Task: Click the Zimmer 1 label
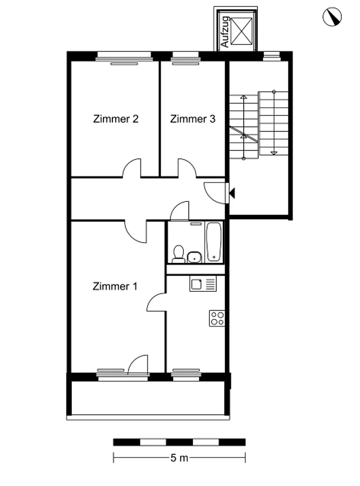[115, 286]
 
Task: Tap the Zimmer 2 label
[116, 119]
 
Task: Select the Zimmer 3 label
[192, 119]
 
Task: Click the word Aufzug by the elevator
[224, 32]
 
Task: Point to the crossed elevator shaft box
[242, 31]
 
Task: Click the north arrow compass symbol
[332, 17]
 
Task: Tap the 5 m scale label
[179, 458]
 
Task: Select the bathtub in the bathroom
[214, 242]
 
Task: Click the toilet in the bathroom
[178, 254]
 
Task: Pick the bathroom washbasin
[194, 257]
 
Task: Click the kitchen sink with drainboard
[202, 284]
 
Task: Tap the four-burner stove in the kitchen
[217, 318]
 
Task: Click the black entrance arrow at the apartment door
[232, 193]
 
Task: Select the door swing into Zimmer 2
[132, 168]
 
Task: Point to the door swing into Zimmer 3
[187, 168]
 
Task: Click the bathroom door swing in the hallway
[179, 211]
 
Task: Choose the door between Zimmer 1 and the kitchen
[156, 302]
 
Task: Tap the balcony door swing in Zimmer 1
[138, 365]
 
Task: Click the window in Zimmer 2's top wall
[124, 56]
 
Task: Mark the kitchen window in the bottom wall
[186, 377]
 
